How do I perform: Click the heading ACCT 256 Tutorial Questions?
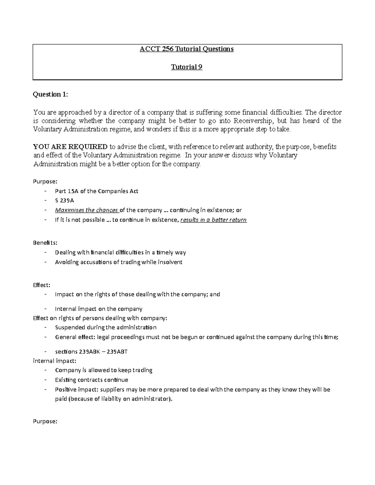point(187,49)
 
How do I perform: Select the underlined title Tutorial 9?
point(187,67)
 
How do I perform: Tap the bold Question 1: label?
point(50,94)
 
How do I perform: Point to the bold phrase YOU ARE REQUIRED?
point(70,147)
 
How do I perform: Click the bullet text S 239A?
point(64,200)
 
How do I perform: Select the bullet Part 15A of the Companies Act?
point(97,191)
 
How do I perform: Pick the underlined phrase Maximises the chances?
point(87,210)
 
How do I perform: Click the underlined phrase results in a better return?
point(214,220)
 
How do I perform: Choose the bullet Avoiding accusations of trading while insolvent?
point(118,262)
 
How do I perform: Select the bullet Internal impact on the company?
point(98,309)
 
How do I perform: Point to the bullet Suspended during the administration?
point(106,327)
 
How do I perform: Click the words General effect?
point(75,337)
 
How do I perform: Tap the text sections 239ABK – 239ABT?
point(91,352)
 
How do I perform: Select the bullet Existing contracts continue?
point(92,380)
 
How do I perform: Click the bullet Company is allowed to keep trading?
point(103,370)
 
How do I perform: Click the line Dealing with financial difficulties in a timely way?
point(120,252)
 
